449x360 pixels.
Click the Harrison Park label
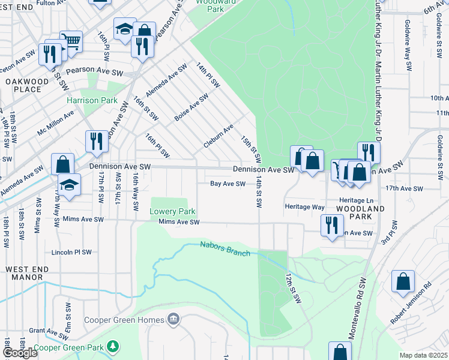(92, 101)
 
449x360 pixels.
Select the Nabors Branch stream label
(225, 248)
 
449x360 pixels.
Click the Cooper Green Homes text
(124, 320)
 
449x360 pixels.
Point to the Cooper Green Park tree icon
(112, 346)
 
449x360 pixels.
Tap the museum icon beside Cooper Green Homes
(173, 318)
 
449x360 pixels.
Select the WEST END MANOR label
(25, 273)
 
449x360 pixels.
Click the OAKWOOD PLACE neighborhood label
(23, 85)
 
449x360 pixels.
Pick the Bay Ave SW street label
(228, 184)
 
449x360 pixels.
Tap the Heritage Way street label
(304, 207)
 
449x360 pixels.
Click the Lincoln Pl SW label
(71, 253)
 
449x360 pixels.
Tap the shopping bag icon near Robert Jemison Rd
(403, 281)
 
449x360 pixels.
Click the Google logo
(20, 353)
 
